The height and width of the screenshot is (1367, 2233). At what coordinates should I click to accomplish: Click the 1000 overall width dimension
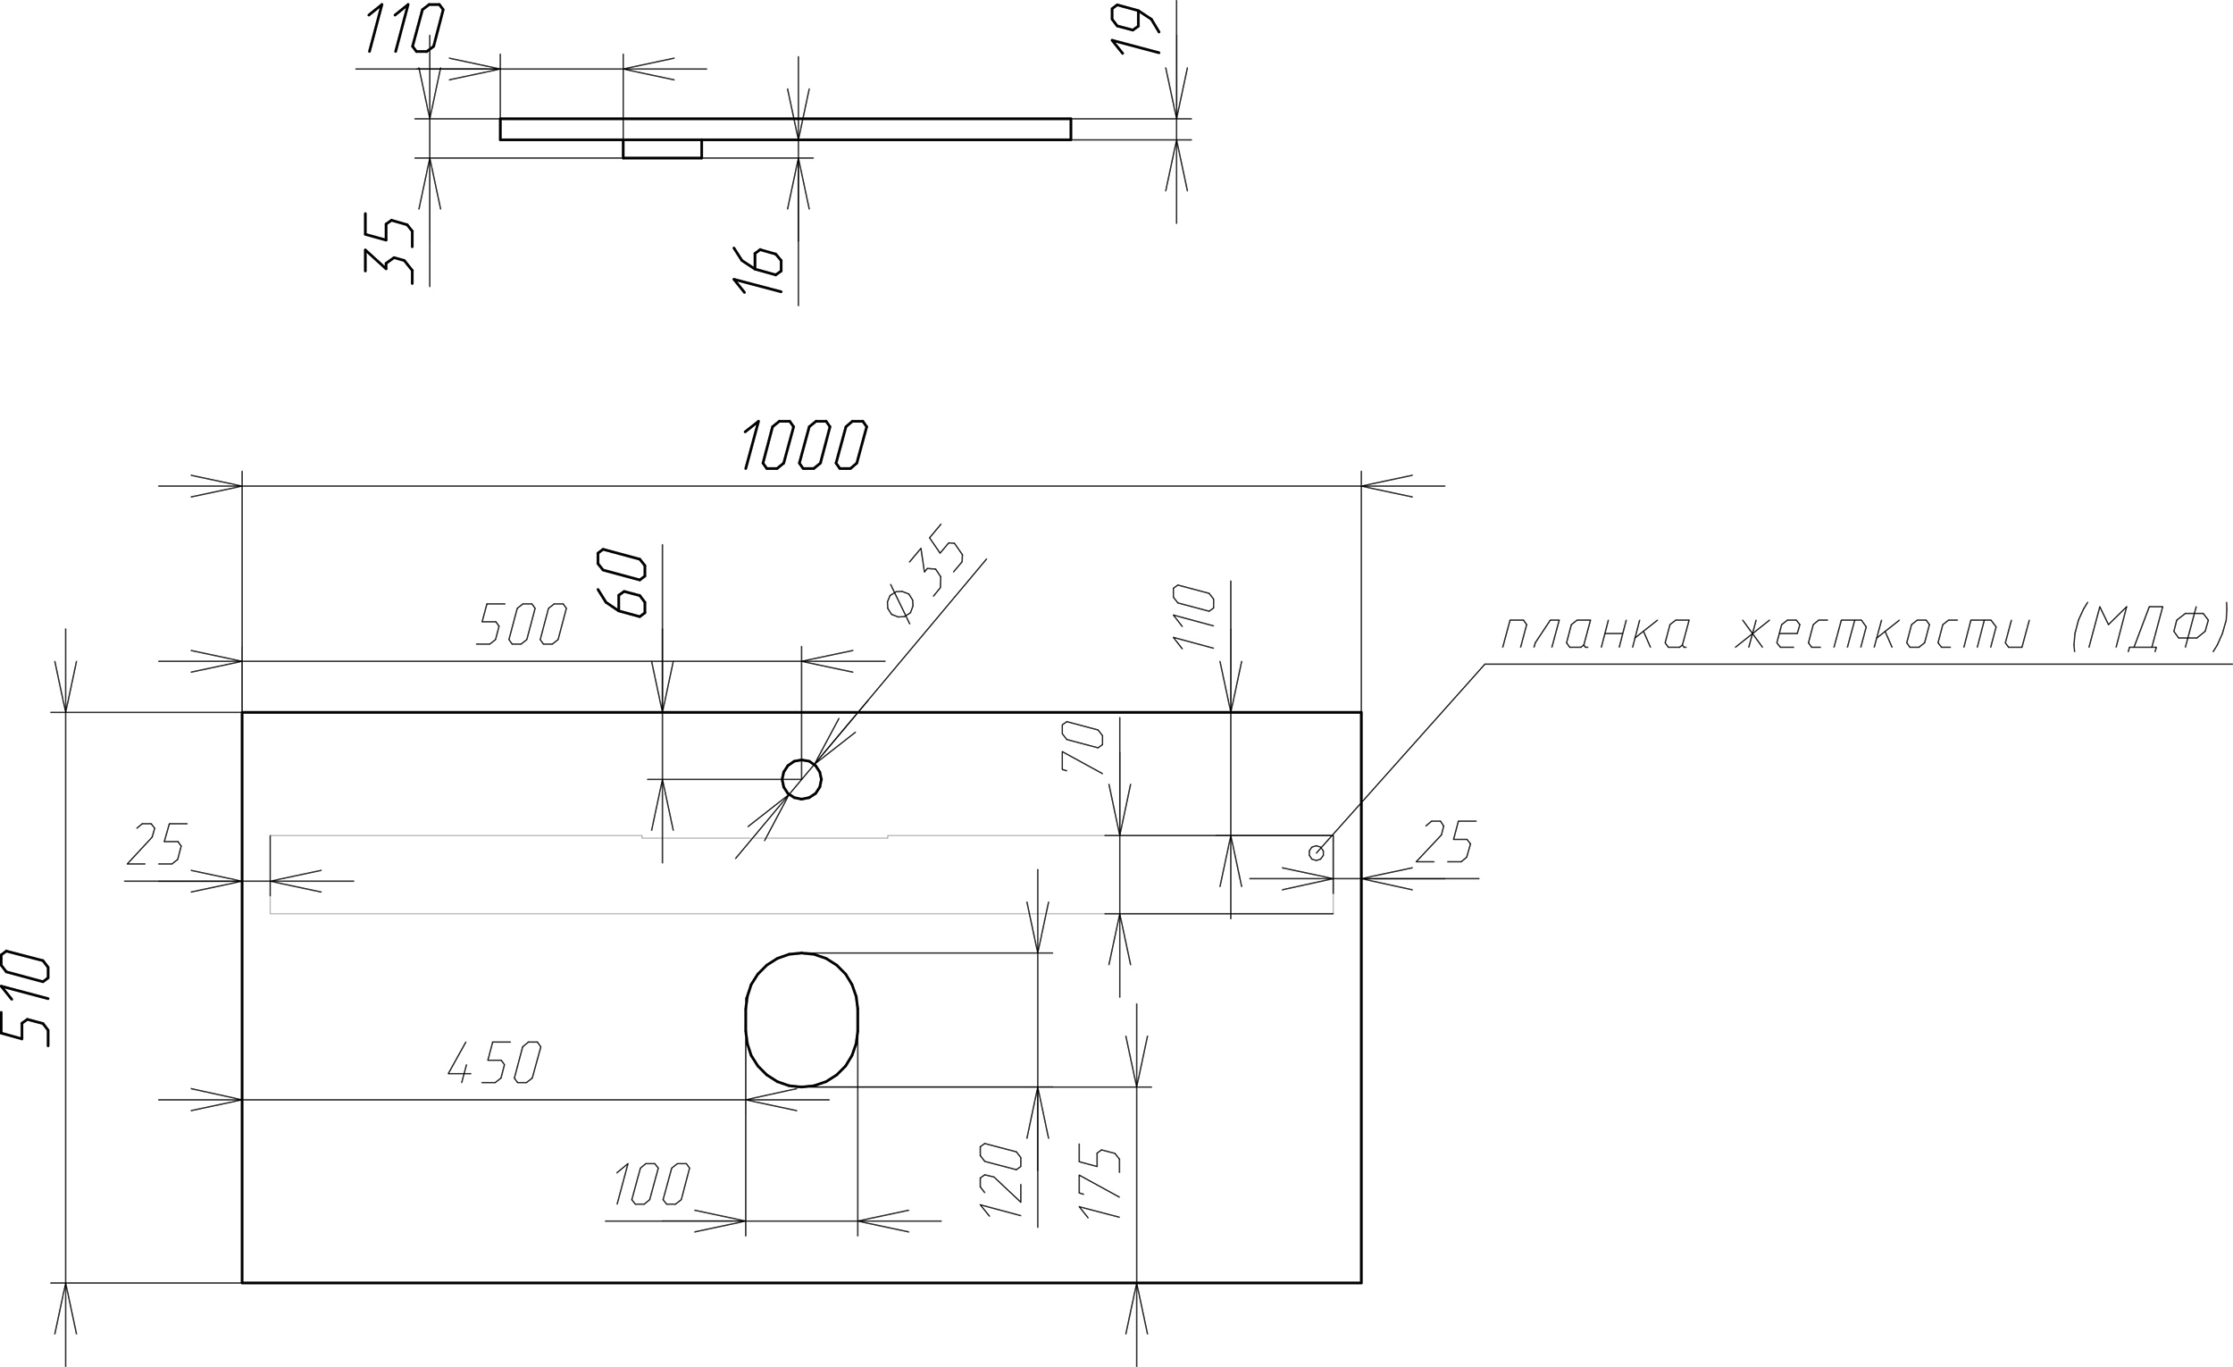click(804, 445)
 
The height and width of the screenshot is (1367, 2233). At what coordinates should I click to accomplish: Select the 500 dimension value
click(522, 625)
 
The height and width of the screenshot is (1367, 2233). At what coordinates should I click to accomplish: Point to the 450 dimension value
click(495, 1061)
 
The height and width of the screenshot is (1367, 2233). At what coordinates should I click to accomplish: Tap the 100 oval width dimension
click(653, 1184)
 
